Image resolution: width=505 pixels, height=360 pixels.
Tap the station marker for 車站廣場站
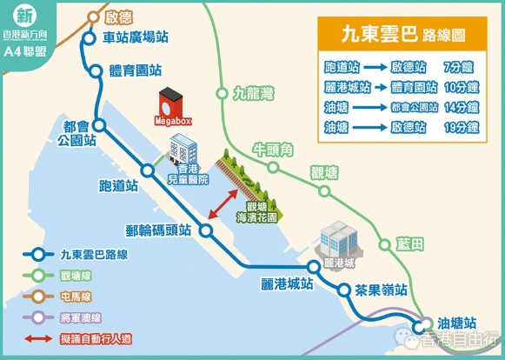point(89,37)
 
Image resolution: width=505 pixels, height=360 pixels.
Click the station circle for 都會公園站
point(100,126)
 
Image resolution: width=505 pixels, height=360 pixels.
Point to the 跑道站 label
point(119,186)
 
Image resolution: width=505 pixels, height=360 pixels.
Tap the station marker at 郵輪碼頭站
point(207,230)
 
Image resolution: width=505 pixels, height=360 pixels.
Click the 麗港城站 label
point(285,283)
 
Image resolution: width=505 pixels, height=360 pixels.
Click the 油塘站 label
point(458,323)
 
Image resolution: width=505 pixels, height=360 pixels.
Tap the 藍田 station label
point(410,243)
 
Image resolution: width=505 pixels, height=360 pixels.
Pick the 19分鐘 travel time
point(460,127)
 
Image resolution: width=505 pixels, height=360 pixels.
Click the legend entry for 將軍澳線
point(81,317)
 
